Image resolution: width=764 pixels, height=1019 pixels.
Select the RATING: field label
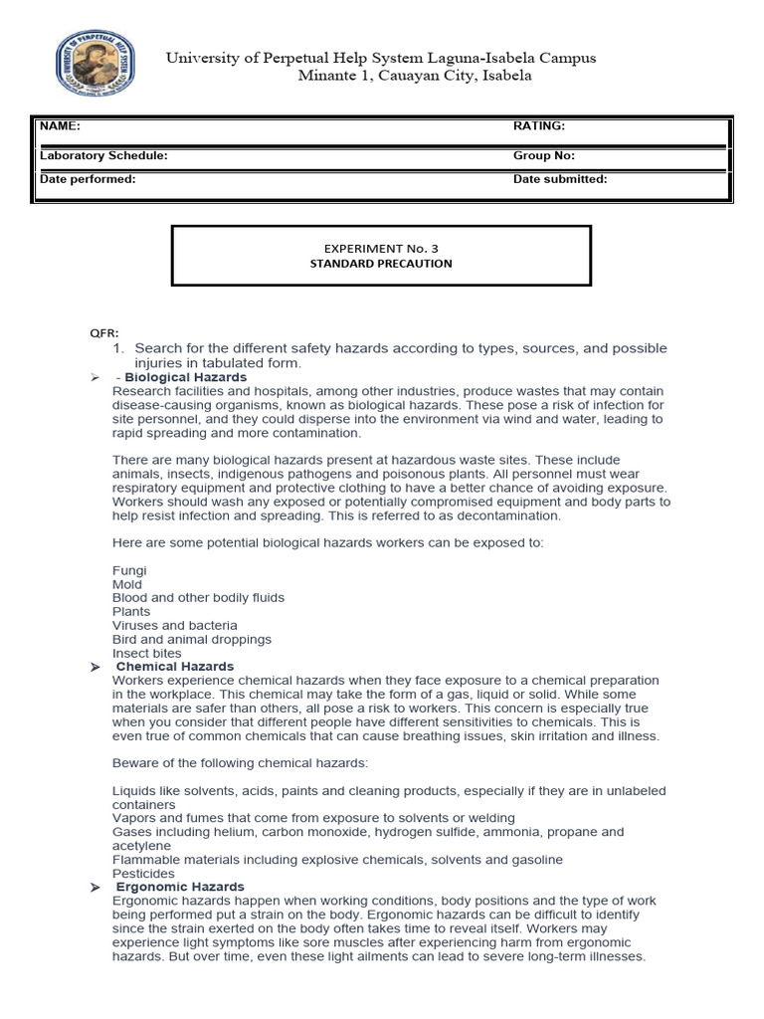(539, 126)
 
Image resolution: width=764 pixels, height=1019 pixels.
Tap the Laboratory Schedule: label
(103, 156)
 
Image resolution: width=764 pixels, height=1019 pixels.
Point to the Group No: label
(544, 156)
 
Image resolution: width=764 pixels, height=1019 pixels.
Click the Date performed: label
(88, 179)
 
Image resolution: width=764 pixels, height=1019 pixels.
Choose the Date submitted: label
(560, 179)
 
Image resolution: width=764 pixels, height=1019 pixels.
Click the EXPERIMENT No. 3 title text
(381, 247)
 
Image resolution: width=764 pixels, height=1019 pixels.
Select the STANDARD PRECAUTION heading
(381, 264)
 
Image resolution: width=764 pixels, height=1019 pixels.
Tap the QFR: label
(104, 333)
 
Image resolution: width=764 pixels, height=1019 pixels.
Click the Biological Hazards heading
(186, 378)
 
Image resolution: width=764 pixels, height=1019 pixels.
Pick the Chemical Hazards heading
(175, 667)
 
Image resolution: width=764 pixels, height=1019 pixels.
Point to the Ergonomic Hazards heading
(180, 887)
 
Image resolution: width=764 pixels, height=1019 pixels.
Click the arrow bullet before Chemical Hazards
(95, 667)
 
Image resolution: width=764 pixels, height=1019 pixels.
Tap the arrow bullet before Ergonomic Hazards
(95, 887)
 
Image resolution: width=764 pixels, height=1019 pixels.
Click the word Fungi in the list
(129, 570)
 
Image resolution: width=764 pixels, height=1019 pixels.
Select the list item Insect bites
(147, 653)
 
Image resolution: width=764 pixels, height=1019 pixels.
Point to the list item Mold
(127, 584)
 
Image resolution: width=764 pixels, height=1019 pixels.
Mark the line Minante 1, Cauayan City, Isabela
(415, 76)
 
